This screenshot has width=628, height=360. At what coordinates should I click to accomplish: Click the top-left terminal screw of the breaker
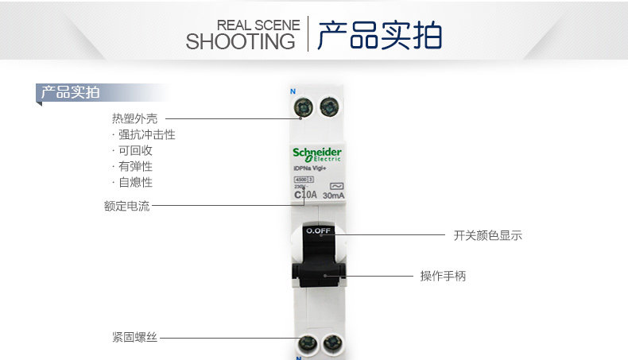(x=303, y=107)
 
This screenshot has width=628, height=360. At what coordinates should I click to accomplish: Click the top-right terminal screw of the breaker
(x=328, y=107)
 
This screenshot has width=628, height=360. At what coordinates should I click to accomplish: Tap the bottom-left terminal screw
(x=305, y=344)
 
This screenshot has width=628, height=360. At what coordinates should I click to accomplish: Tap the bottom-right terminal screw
(x=331, y=344)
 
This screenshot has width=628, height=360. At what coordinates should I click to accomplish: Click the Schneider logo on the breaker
(x=316, y=153)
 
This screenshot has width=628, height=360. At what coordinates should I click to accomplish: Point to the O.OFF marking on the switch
(x=318, y=231)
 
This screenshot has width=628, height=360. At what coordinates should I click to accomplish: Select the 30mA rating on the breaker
(x=334, y=195)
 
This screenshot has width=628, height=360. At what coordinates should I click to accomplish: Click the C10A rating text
(x=305, y=195)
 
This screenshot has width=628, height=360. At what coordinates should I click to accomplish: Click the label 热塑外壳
(x=134, y=119)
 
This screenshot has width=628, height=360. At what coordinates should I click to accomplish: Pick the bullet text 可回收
(x=135, y=151)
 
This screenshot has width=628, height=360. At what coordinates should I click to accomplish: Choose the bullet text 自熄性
(x=135, y=183)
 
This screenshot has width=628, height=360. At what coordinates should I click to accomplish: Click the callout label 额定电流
(x=126, y=207)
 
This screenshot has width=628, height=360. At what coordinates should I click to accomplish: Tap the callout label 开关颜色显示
(x=487, y=235)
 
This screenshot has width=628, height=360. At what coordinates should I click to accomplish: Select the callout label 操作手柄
(x=443, y=277)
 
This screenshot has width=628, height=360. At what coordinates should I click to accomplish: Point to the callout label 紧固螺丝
(x=134, y=338)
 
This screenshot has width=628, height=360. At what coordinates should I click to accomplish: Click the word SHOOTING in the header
(x=240, y=41)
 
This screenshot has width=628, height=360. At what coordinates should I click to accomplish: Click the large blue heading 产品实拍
(x=379, y=36)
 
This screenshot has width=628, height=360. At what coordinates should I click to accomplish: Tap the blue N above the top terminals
(x=292, y=91)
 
